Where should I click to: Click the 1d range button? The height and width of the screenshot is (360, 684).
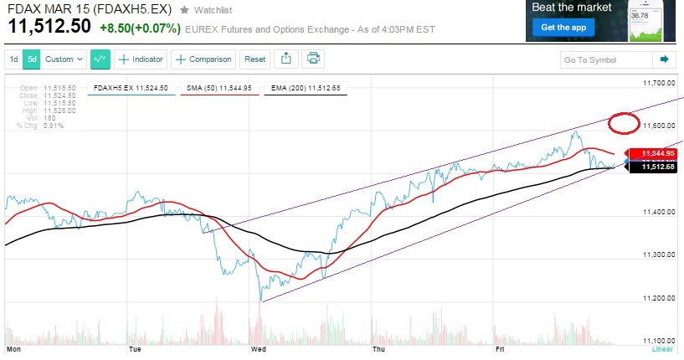click(14, 59)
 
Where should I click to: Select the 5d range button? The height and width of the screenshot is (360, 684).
click(32, 59)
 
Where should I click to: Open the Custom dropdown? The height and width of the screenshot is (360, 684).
click(64, 59)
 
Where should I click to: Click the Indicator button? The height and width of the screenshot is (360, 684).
click(141, 59)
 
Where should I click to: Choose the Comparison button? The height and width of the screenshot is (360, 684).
click(204, 59)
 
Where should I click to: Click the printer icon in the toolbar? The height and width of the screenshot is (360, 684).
click(313, 59)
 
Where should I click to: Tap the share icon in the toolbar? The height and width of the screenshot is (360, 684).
click(285, 59)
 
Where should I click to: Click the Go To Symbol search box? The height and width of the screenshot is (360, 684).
click(605, 60)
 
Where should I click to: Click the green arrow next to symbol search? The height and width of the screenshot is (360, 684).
click(664, 60)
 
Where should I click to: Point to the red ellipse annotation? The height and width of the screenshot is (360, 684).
click(624, 123)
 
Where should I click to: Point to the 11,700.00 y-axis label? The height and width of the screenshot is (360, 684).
click(659, 84)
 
